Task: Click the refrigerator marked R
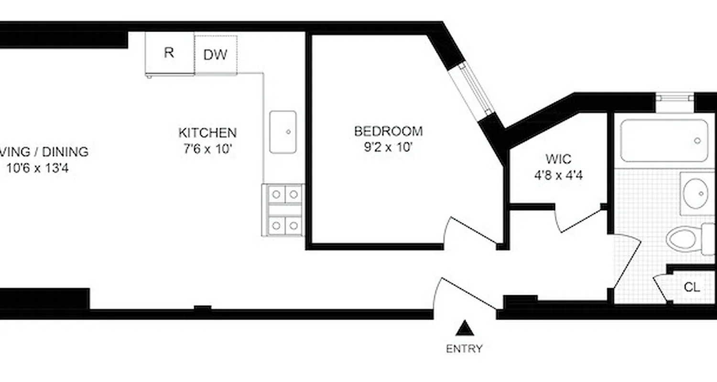(x=169, y=53)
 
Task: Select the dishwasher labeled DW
(x=216, y=54)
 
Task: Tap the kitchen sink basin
(x=282, y=132)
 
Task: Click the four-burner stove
(x=283, y=210)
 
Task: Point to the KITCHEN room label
(x=207, y=133)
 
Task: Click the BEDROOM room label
(x=388, y=131)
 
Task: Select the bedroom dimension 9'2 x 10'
(x=388, y=148)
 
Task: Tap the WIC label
(x=558, y=159)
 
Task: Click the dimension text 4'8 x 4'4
(x=558, y=175)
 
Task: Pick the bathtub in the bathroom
(x=664, y=140)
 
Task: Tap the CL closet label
(x=692, y=287)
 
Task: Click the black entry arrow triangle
(x=464, y=329)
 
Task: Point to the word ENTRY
(x=464, y=349)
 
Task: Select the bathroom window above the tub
(x=674, y=98)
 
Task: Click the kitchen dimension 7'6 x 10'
(x=207, y=149)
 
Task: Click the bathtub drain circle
(x=697, y=140)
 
